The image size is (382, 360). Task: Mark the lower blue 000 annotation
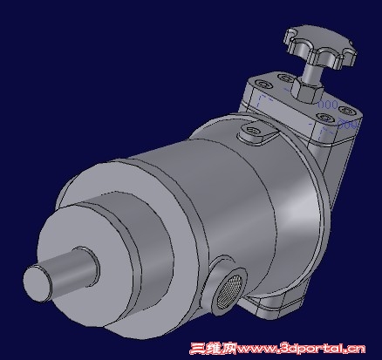346,125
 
